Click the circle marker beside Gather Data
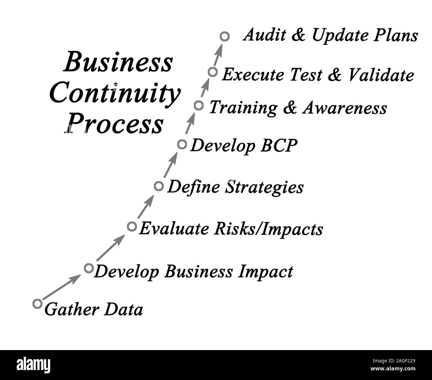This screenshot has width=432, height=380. [38, 303]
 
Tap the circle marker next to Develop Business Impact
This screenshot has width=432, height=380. [88, 268]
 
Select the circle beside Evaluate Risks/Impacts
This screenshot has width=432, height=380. [132, 226]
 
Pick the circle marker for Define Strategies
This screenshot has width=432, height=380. [159, 186]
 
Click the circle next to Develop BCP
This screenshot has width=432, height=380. [182, 144]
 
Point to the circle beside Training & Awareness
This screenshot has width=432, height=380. [198, 105]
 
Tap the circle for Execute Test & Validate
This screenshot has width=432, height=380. [212, 72]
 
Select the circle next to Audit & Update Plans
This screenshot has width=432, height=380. [225, 36]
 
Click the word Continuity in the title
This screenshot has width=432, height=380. [115, 94]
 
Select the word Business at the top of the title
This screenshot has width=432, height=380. [118, 62]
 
